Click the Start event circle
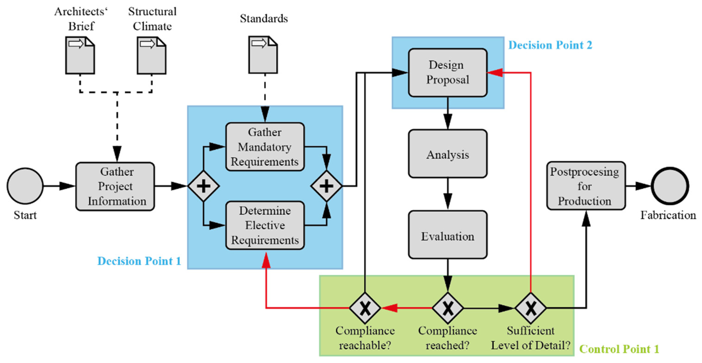tap(25, 186)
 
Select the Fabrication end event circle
tap(670, 186)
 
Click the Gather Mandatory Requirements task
tap(265, 147)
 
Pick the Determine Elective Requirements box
tap(265, 225)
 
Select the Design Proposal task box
tap(447, 73)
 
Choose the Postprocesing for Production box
tap(586, 186)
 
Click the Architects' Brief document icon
tap(80, 55)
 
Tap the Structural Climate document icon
tap(151, 55)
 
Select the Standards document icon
tap(263, 55)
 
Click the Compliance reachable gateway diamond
tap(365, 308)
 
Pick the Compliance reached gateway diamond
tap(447, 308)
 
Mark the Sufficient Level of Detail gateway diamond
tap(530, 308)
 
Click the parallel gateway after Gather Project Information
tap(203, 186)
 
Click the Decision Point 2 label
tap(550, 45)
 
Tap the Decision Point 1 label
tap(139, 261)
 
